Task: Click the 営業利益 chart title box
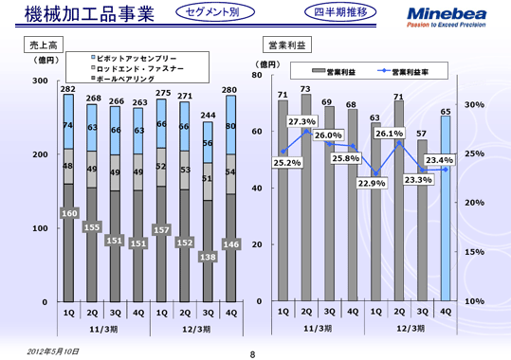coord(284,45)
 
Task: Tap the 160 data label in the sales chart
coord(68,214)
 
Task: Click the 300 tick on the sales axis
coord(41,81)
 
